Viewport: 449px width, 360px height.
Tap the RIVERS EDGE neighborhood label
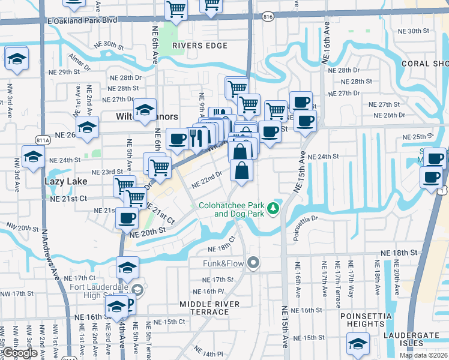point(200,46)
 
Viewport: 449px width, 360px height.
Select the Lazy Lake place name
point(65,181)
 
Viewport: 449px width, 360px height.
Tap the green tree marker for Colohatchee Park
point(274,208)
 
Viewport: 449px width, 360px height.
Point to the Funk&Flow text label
point(223,262)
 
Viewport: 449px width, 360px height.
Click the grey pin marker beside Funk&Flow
point(254,262)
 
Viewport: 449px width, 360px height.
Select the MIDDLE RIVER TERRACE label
point(209,309)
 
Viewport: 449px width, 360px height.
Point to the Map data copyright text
point(423,355)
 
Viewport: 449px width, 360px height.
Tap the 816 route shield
point(268,18)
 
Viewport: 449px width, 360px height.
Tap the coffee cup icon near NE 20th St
point(127,218)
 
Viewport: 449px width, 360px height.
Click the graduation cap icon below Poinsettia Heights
point(358,344)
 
